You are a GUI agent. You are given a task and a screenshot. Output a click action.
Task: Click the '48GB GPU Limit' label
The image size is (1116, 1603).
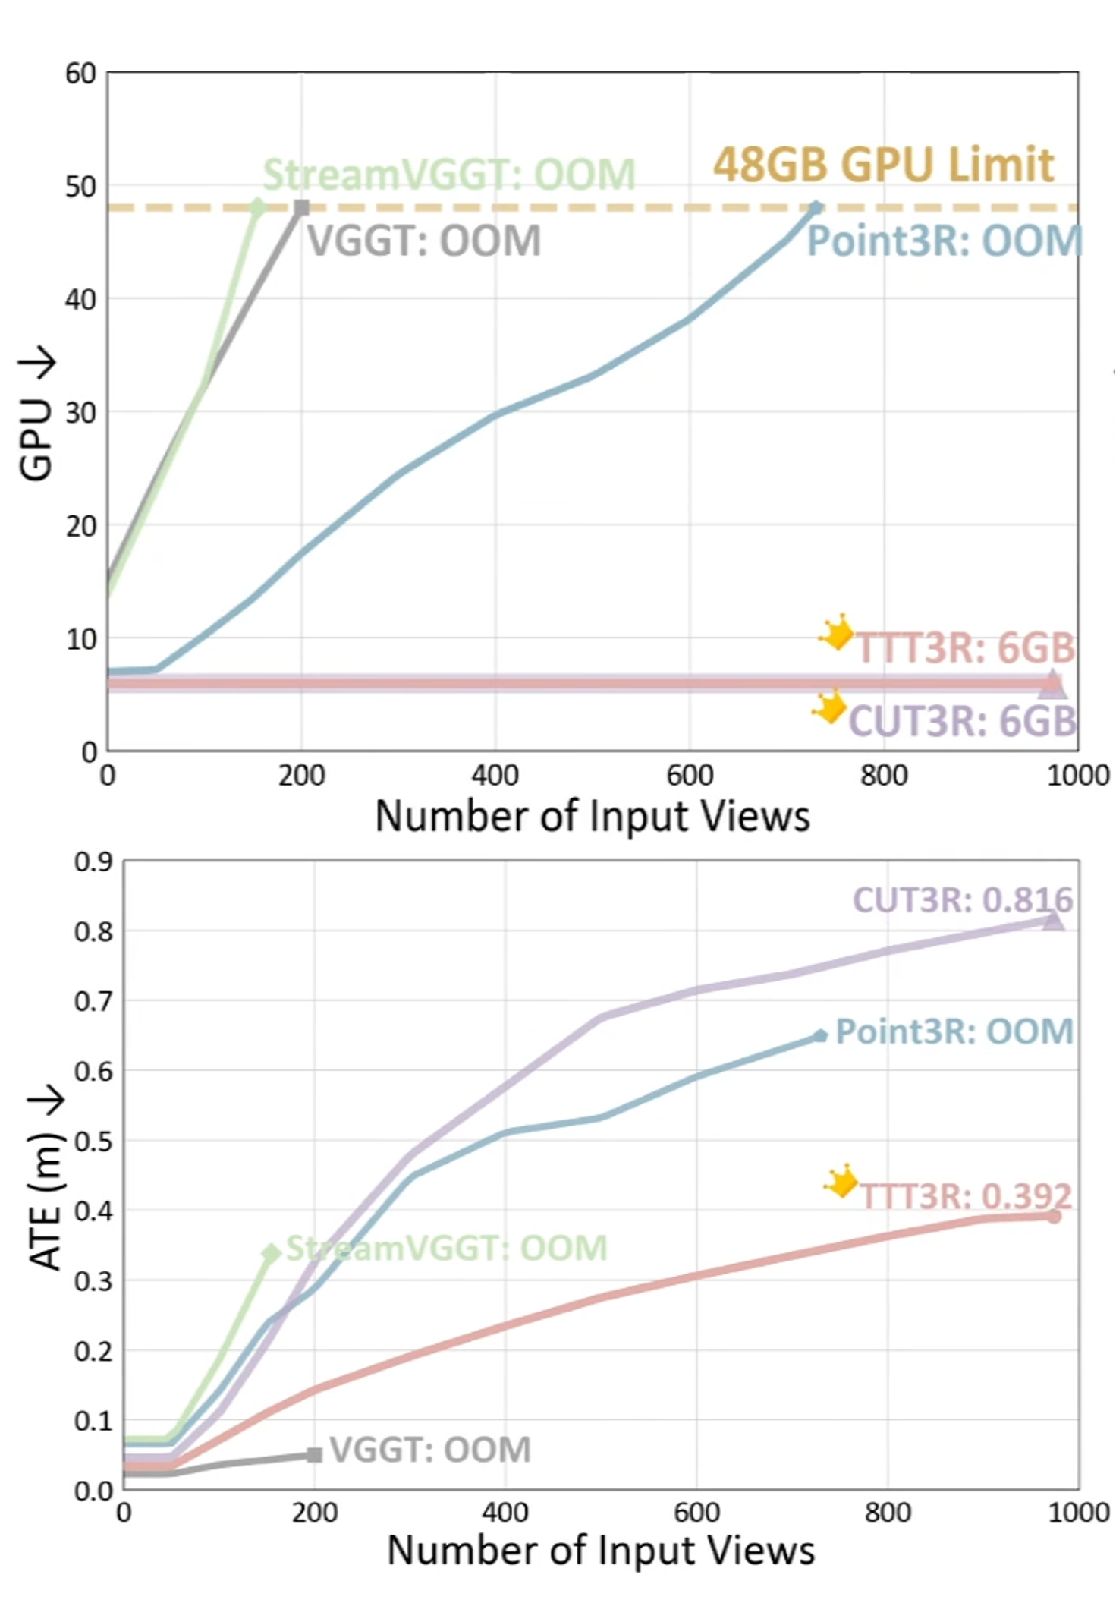click(884, 165)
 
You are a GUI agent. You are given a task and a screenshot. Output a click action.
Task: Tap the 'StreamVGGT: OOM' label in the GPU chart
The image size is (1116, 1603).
click(449, 175)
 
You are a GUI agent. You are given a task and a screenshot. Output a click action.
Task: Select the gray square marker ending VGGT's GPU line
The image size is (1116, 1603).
click(302, 207)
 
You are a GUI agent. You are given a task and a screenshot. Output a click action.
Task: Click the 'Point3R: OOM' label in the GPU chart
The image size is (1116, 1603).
click(945, 241)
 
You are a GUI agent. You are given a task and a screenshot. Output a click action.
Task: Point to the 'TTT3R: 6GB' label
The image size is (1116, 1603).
click(966, 648)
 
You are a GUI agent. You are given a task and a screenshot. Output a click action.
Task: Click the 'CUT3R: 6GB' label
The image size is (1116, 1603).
click(962, 720)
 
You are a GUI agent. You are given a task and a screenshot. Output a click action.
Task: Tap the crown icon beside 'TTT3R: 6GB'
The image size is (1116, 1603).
click(837, 631)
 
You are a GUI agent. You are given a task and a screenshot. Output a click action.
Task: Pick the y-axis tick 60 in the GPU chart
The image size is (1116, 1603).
click(80, 74)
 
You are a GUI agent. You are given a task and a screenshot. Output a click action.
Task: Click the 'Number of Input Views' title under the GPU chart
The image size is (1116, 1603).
click(593, 817)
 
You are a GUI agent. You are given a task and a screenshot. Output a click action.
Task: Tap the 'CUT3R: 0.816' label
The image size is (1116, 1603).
click(963, 900)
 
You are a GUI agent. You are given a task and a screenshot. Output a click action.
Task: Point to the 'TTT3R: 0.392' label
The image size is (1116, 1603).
click(967, 1197)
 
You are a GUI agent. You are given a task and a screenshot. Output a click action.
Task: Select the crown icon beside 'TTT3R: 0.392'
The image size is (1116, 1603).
click(841, 1183)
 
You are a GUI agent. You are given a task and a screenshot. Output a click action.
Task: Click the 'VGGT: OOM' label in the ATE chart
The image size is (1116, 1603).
click(430, 1450)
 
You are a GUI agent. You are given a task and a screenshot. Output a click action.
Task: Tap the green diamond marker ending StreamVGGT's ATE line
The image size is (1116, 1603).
click(272, 1253)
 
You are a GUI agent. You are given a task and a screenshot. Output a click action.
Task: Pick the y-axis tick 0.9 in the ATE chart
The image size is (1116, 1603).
click(93, 862)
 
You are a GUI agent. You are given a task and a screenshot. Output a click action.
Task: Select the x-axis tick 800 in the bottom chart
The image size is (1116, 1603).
click(888, 1513)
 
